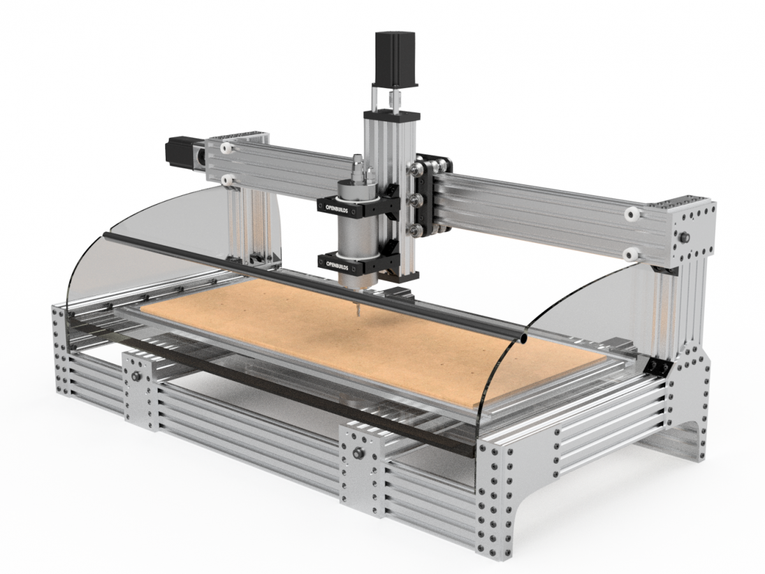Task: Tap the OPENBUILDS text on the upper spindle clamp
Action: coord(337,208)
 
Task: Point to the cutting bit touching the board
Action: coord(357,308)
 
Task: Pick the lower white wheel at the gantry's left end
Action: coord(228,181)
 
